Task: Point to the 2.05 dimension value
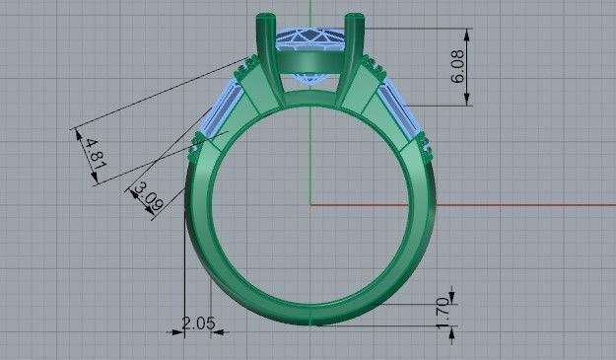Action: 198,323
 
